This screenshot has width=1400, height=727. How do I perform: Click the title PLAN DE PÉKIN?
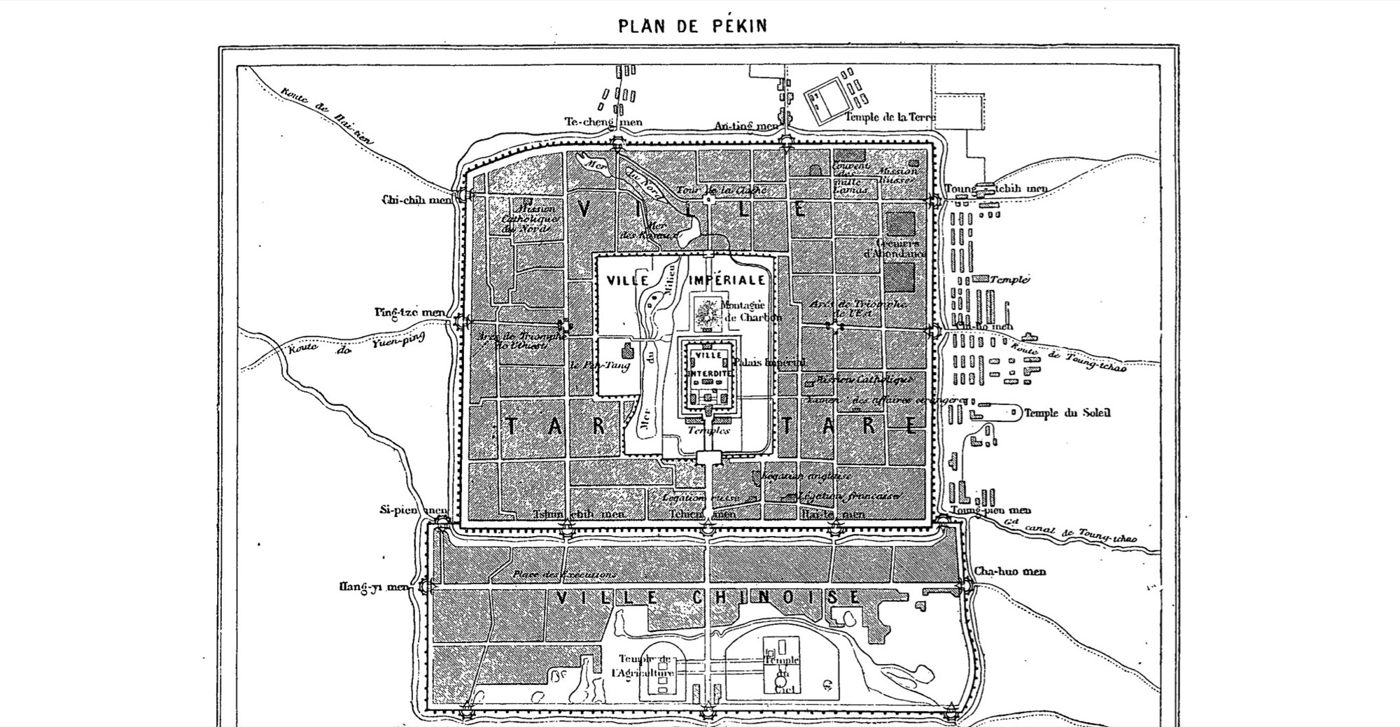pos(692,26)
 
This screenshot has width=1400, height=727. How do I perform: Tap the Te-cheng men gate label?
pos(603,122)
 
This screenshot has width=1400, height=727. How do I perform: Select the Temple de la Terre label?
pos(890,117)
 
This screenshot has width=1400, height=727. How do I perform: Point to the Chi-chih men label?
pos(417,200)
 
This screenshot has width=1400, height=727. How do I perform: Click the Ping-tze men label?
pos(409,312)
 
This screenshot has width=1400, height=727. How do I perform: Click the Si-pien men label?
pos(413,510)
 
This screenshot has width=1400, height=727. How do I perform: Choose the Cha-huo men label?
pos(1010,571)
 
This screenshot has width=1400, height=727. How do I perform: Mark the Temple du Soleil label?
pos(1067,413)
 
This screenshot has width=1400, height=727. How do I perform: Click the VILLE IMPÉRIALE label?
pos(686,280)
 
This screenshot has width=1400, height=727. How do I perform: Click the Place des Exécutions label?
pos(564,574)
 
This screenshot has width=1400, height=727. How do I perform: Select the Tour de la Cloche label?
pos(722,190)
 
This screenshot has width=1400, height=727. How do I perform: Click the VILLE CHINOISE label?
pos(707,597)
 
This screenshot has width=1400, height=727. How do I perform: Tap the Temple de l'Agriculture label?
pos(643,666)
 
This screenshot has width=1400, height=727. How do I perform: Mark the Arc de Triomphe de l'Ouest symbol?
pos(564,325)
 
